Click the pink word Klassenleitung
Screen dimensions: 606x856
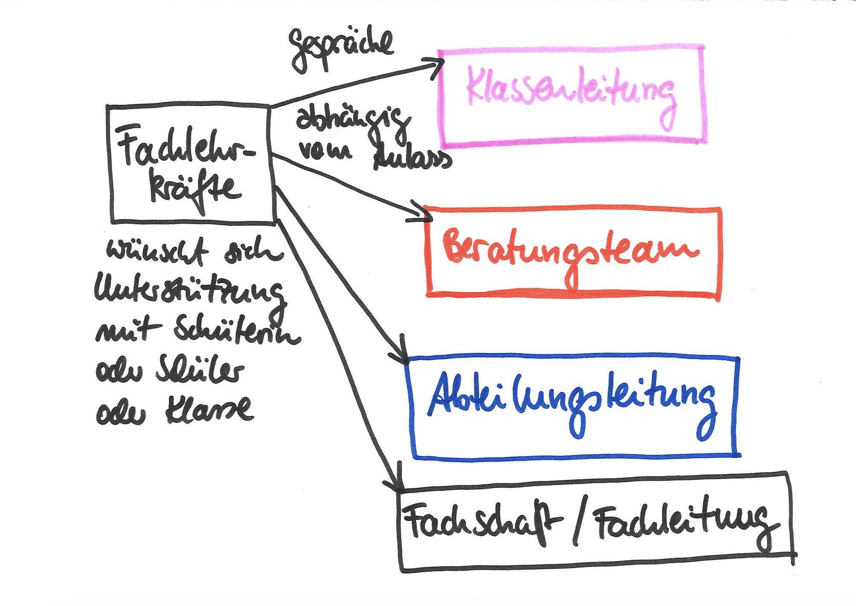tap(571, 92)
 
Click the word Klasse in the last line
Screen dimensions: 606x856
tap(209, 409)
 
